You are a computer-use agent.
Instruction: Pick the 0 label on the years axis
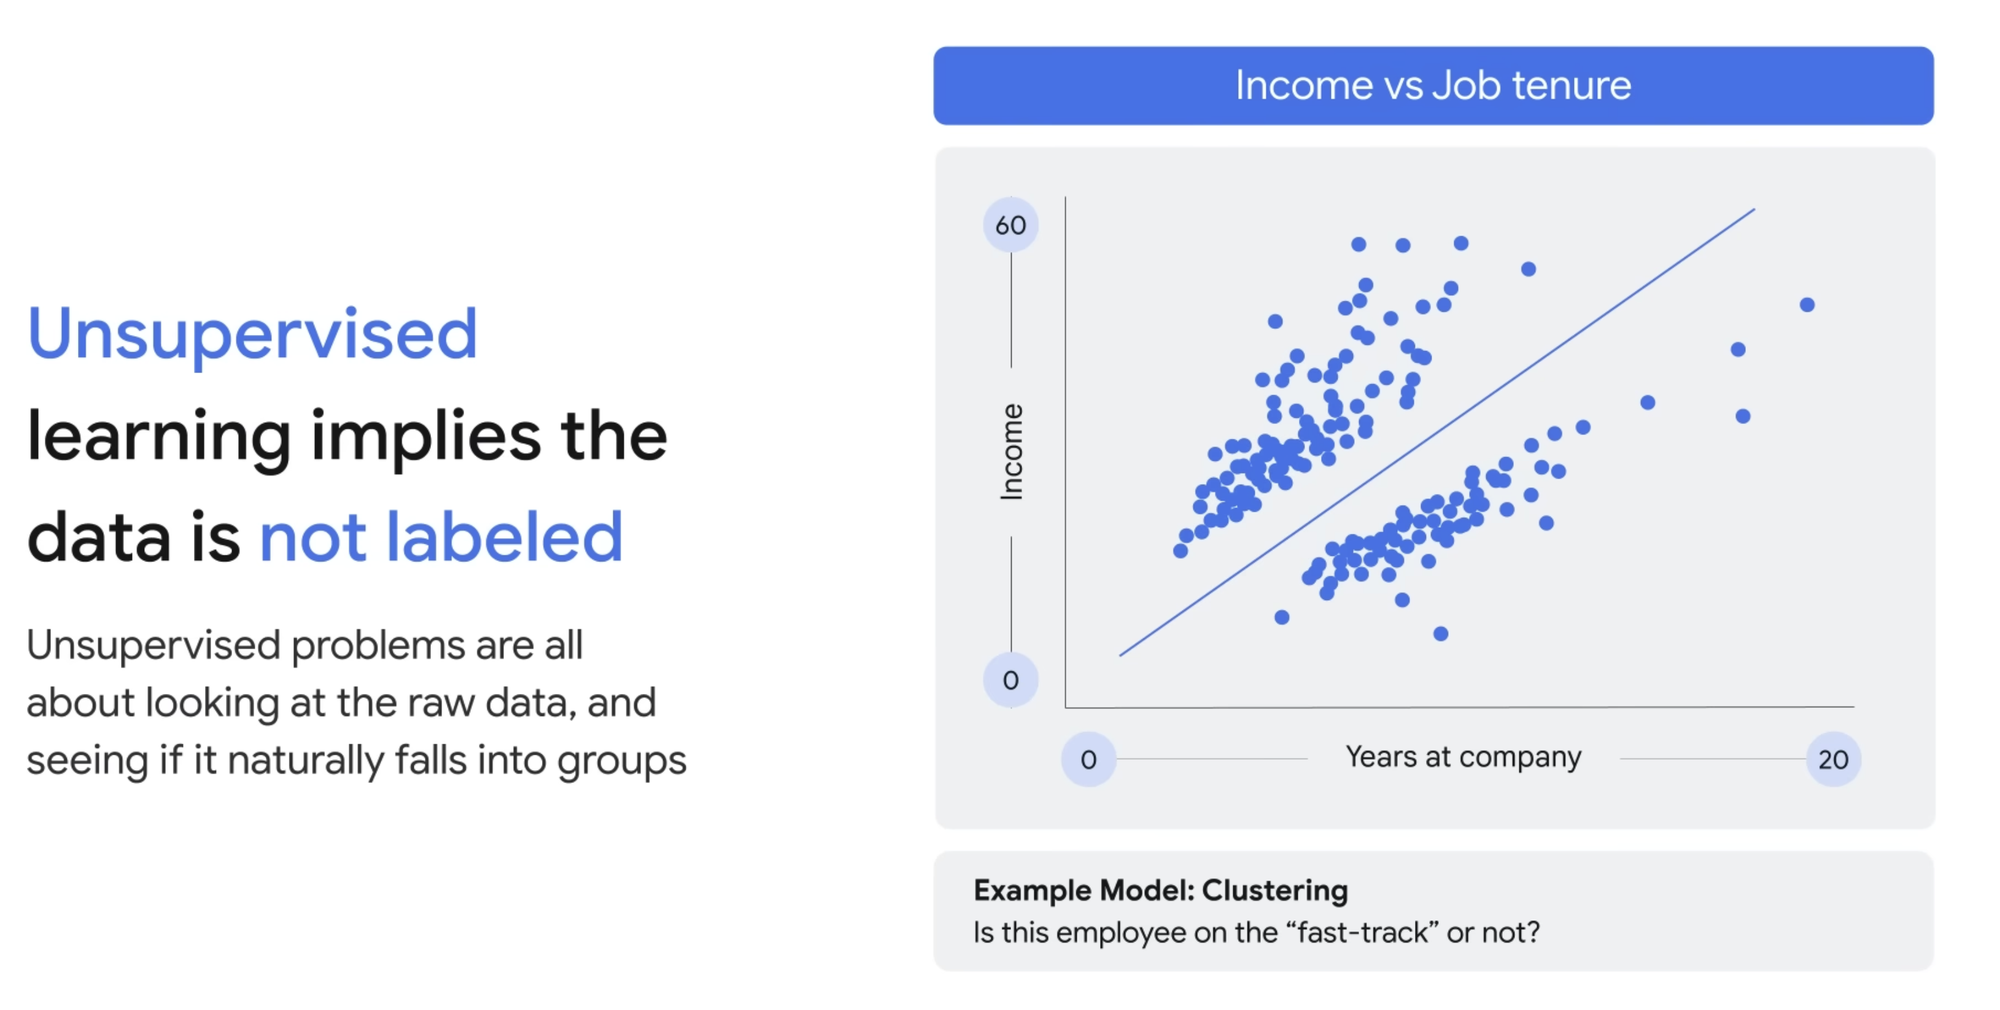click(x=1088, y=759)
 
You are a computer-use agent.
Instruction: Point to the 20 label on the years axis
click(x=1833, y=759)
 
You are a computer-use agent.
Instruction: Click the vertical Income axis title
click(x=1011, y=452)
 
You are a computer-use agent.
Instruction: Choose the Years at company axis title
click(x=1463, y=757)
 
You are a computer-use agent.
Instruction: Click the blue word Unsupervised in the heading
click(x=252, y=334)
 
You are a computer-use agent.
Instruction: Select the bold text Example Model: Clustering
click(x=1161, y=890)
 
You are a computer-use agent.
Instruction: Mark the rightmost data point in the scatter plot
click(x=1807, y=304)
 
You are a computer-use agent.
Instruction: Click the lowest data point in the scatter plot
click(x=1441, y=633)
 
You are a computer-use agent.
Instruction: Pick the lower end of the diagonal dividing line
click(x=1120, y=656)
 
